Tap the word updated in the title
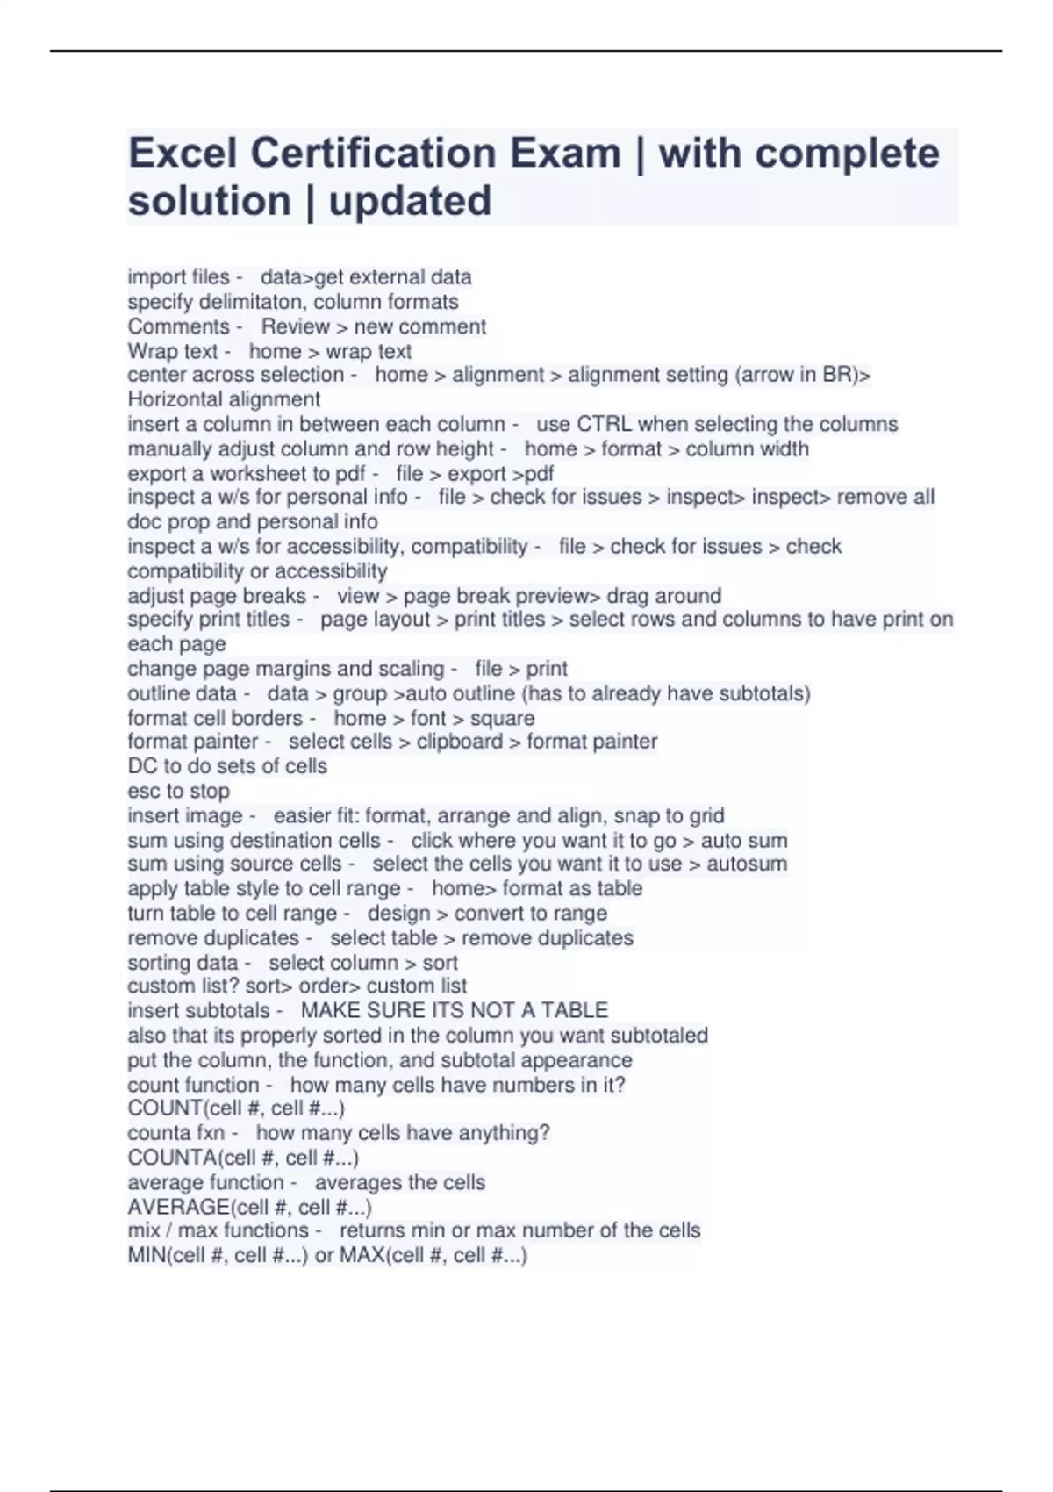pyautogui.click(x=410, y=201)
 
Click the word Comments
pyautogui.click(x=178, y=326)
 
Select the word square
pyautogui.click(x=502, y=718)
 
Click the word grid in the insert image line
pyautogui.click(x=706, y=815)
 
